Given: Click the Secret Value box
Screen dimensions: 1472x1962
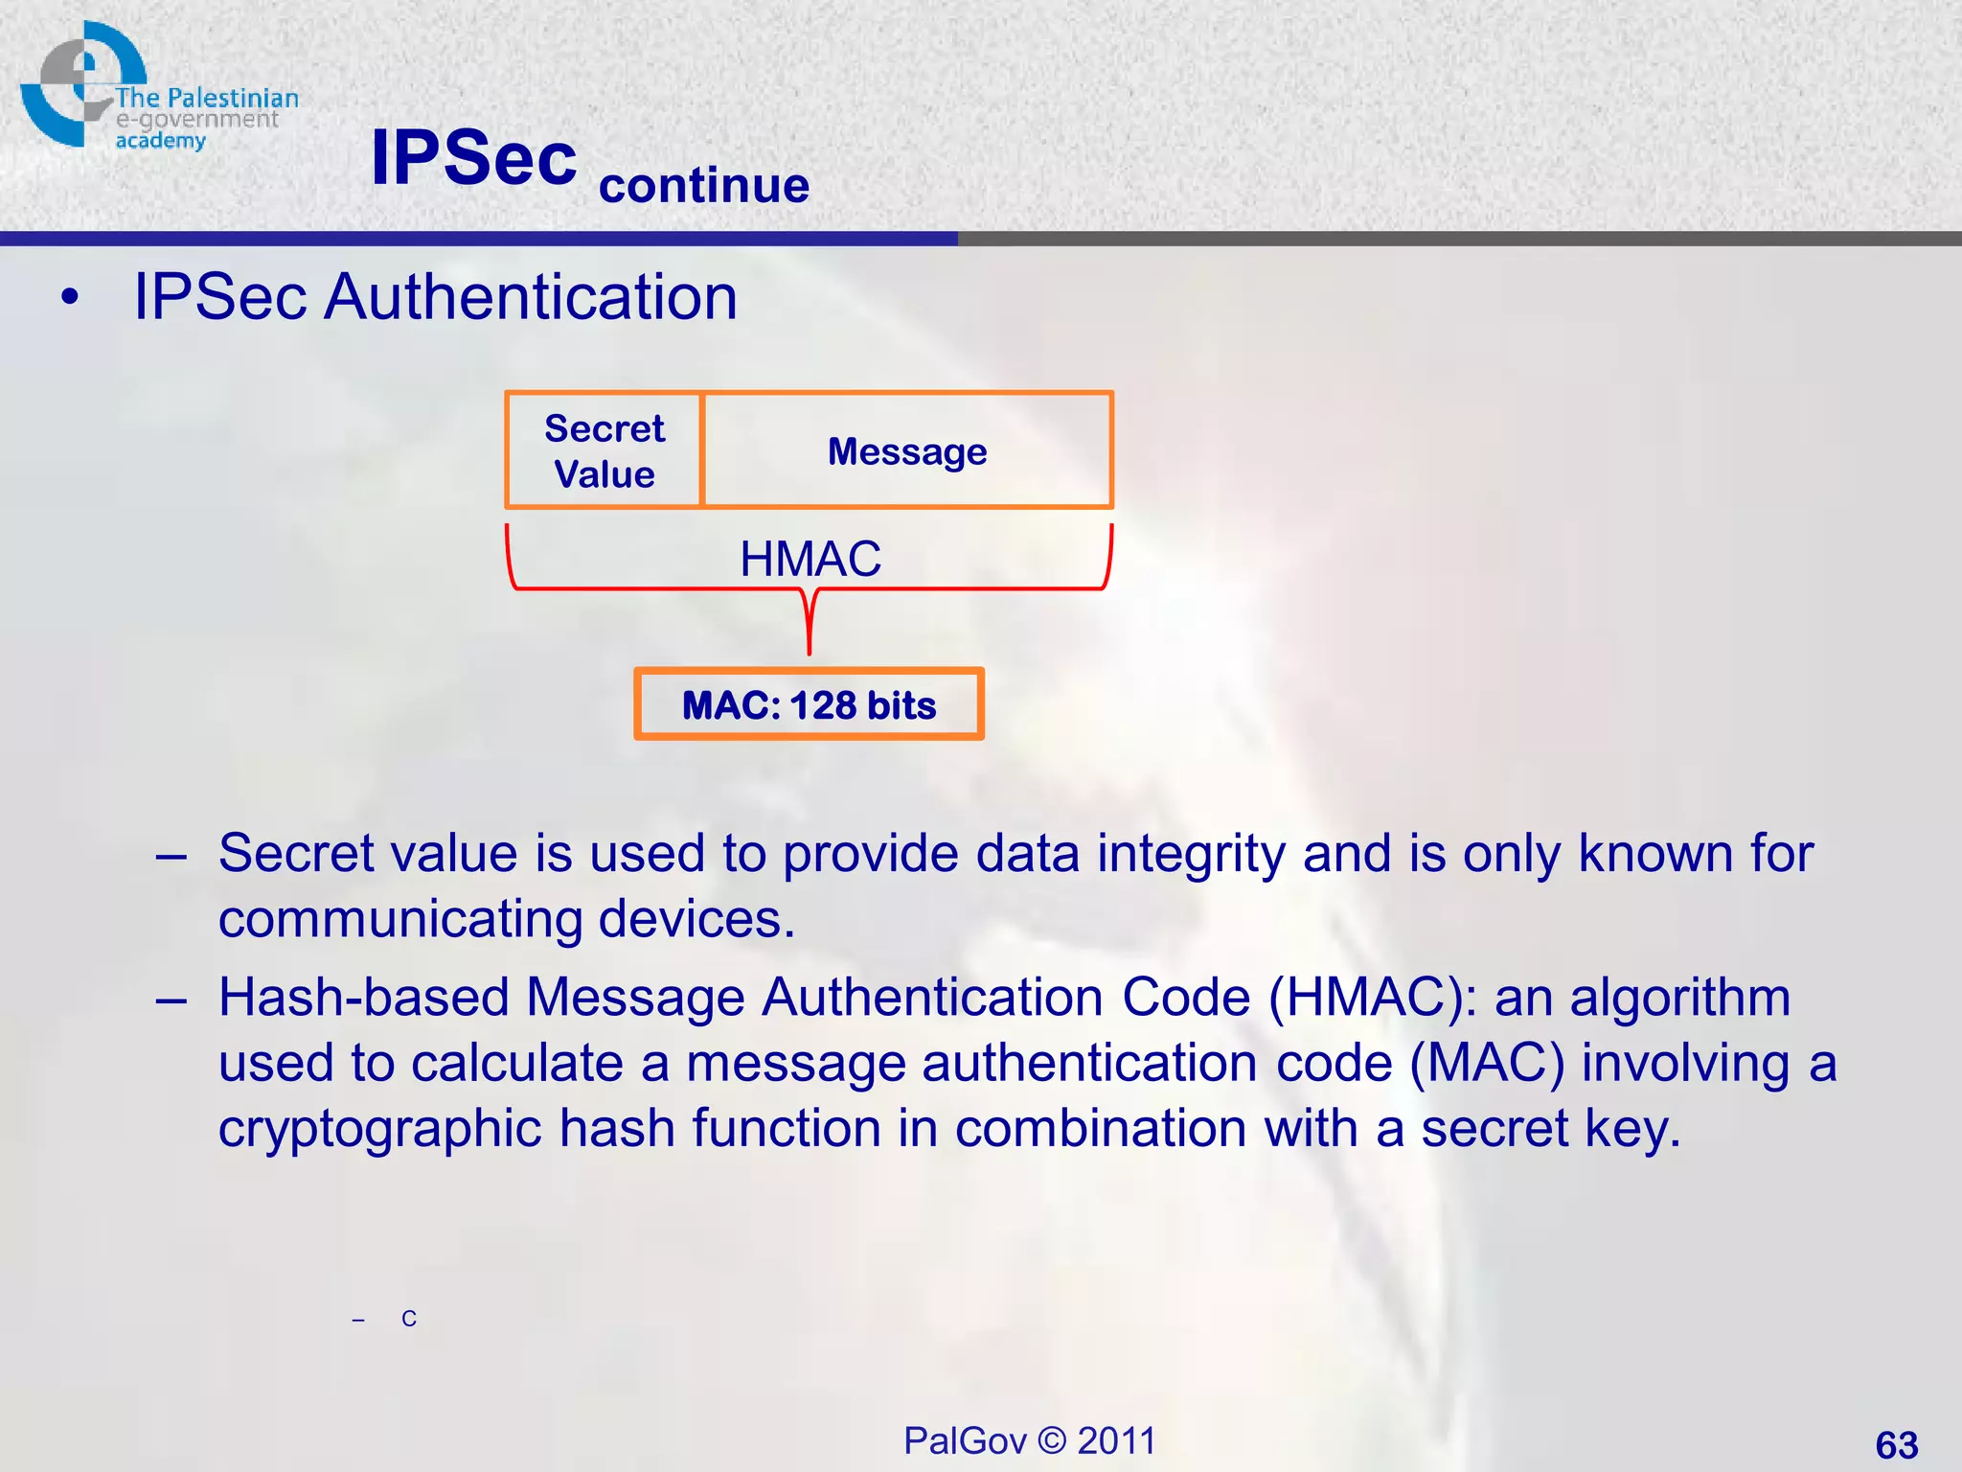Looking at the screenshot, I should pos(604,450).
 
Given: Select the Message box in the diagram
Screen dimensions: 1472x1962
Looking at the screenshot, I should pos(907,450).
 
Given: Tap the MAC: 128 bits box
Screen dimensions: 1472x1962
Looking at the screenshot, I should pos(809,705).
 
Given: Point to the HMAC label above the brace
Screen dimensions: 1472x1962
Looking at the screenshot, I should pos(810,559).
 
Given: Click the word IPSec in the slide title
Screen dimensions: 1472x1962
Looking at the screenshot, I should pos(474,158).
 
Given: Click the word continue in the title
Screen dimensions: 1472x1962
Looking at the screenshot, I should pos(704,185).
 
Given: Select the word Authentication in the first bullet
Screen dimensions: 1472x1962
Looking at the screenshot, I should pos(531,297).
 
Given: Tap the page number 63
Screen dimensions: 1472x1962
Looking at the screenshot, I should pos(1896,1444).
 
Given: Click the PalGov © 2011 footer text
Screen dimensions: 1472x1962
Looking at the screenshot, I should pos(1030,1440).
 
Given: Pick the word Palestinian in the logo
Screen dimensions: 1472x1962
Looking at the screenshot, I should pos(233,99).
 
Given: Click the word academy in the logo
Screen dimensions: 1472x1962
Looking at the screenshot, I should pos(160,141).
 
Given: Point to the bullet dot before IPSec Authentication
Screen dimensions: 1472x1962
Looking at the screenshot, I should pos(69,298).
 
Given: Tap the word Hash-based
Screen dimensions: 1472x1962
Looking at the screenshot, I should pos(363,997).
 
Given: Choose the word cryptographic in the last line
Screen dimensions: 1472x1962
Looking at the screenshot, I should pos(380,1128).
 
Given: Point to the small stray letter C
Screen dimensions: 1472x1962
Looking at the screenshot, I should pos(409,1320).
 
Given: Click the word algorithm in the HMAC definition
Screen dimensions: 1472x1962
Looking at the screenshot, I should pos(1680,998).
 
